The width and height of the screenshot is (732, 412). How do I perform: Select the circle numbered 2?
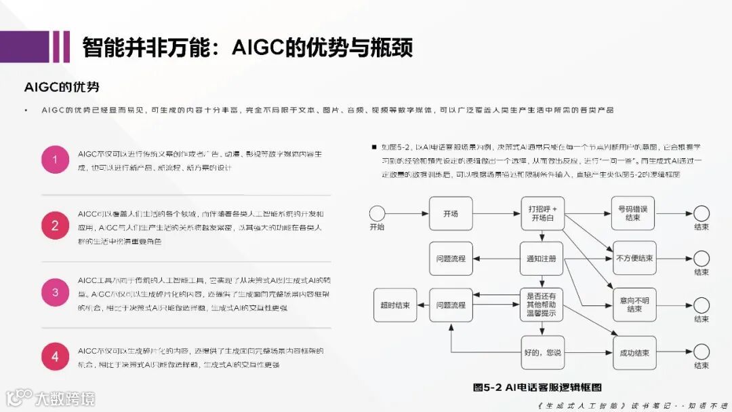55,225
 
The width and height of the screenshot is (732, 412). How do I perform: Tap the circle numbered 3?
55,292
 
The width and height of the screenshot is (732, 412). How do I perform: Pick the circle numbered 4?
55,357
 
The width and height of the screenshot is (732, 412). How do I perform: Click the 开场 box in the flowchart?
451,213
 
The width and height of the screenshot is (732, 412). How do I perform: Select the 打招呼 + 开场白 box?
543,213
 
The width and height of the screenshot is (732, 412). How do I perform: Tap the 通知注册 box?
542,258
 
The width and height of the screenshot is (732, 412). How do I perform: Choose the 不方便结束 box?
634,258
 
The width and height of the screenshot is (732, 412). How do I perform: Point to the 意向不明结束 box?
634,305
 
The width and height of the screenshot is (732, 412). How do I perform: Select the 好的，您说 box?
543,352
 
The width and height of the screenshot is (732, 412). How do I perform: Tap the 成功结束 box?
634,352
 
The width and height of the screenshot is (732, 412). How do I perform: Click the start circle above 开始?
377,213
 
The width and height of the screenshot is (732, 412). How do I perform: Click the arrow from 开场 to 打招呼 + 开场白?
496,213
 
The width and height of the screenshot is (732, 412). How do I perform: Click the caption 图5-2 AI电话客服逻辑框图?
537,388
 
